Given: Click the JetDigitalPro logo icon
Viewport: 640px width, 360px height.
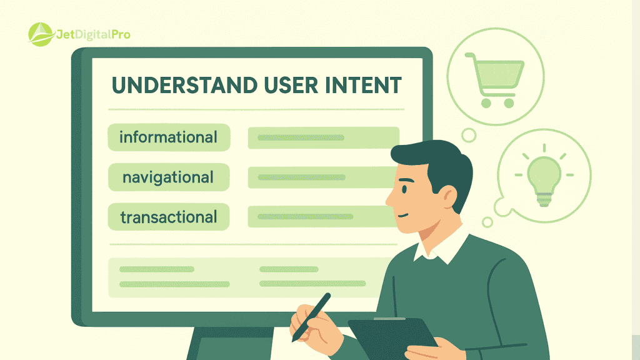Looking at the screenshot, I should (41, 34).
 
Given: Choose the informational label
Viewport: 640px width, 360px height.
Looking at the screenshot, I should (168, 137).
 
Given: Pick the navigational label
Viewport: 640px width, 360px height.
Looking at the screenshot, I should (168, 177).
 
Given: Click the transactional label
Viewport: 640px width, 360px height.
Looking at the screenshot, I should (168, 217).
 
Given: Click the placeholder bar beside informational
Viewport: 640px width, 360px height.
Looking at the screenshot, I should (323, 137).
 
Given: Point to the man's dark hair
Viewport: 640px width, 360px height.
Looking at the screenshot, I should (437, 159).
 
